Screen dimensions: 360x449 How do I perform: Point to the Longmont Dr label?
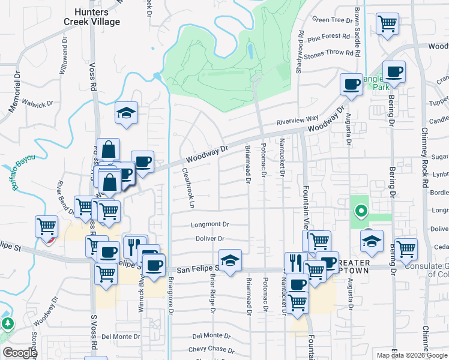pos(210,224)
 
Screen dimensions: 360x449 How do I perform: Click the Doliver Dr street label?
pos(210,239)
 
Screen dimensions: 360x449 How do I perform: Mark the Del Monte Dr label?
pos(121,337)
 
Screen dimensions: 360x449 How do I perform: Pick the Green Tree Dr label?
pos(333,20)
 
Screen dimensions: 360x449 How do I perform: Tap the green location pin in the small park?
pos(360,211)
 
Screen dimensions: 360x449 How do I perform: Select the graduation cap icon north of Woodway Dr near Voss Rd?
pos(127,113)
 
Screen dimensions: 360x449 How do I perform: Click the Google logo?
pos(20,353)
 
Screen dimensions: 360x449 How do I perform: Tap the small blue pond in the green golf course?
pos(249,52)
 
